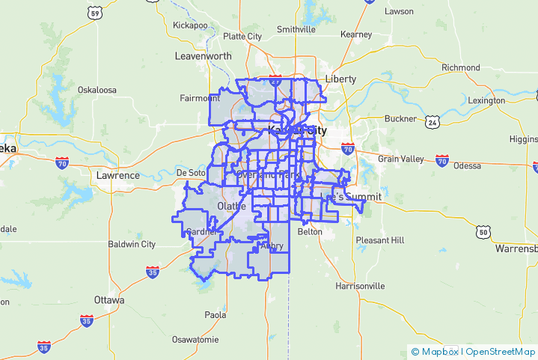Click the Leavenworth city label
(x=203, y=56)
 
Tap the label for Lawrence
(x=117, y=175)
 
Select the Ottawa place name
(x=109, y=299)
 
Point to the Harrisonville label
(x=360, y=286)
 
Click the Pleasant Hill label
(x=379, y=240)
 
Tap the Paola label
(x=215, y=315)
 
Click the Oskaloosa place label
(x=97, y=90)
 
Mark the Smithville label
(x=296, y=29)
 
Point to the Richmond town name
(x=460, y=67)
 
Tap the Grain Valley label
(x=400, y=159)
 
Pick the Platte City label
(x=242, y=36)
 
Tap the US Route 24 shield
(x=432, y=121)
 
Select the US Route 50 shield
(x=484, y=232)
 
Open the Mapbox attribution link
(x=438, y=351)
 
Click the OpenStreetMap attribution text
(x=501, y=351)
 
